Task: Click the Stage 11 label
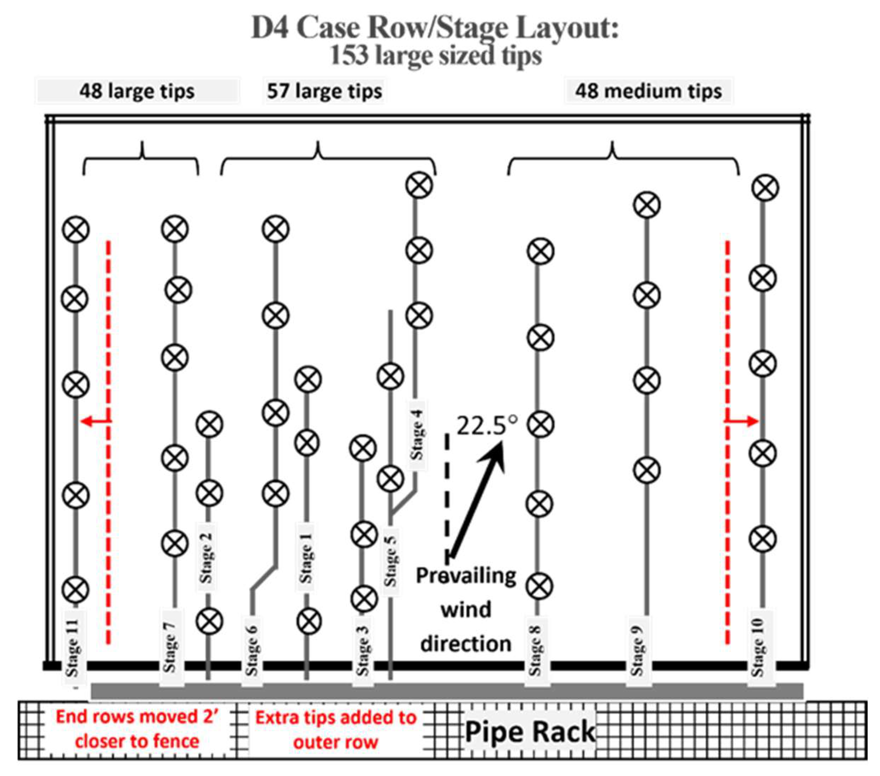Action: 72,647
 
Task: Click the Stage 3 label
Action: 362,650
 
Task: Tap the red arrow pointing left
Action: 96,421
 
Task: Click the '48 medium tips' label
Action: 648,91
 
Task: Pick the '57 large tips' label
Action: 324,91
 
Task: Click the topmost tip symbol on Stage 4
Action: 419,185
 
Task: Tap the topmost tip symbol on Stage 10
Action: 765,188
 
